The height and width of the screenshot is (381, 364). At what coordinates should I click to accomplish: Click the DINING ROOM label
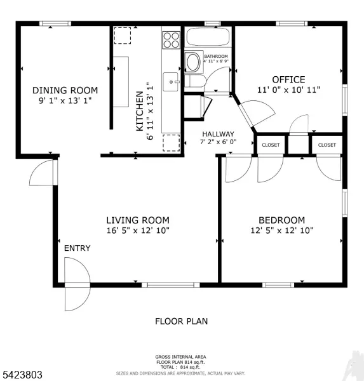click(65, 90)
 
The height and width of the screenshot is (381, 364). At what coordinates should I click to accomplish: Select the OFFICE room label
click(288, 79)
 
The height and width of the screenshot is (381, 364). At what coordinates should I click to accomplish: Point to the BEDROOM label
click(281, 220)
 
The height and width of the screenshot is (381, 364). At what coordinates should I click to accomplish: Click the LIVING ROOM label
click(137, 220)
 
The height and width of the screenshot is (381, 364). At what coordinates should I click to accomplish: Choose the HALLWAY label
click(218, 134)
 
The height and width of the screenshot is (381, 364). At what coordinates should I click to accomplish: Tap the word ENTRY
click(77, 248)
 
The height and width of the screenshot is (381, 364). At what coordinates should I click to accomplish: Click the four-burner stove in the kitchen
click(171, 40)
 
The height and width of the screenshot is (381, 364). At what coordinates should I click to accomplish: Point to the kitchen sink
click(170, 81)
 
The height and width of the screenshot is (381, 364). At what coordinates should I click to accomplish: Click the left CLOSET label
click(271, 145)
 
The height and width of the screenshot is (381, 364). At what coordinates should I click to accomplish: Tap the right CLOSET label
click(327, 145)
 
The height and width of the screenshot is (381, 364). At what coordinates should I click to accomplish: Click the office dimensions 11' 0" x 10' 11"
click(288, 90)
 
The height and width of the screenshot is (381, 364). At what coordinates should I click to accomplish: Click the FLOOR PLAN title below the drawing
click(181, 321)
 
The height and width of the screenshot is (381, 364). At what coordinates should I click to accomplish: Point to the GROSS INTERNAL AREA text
click(180, 356)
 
